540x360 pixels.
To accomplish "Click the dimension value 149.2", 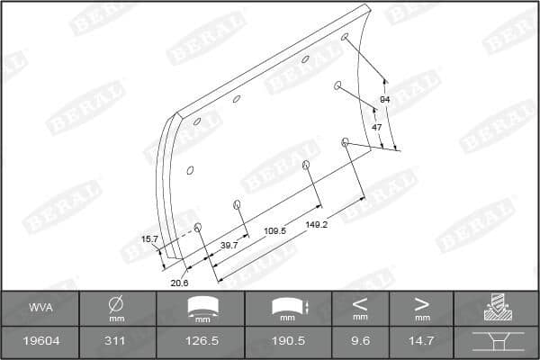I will point(315,224).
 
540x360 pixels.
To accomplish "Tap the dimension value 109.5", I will point(274,230).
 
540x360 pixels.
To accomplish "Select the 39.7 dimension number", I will point(229,244).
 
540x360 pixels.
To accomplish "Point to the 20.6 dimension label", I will point(179,283).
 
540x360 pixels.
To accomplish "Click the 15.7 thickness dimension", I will point(149,238).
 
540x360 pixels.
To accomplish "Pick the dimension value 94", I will point(384,98).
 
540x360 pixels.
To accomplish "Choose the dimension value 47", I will point(376,127).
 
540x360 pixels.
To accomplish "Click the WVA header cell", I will point(39,307).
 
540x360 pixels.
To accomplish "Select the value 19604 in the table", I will point(39,342).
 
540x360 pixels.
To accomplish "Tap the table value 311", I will point(116,342).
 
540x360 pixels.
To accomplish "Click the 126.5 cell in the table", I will point(208,342).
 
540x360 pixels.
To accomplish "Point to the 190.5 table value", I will point(289,342).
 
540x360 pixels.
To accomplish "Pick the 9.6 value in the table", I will point(360,342).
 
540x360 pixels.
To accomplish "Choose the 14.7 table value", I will point(422,342).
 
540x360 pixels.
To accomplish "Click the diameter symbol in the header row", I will point(116,303).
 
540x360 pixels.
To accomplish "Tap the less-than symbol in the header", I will point(360,302).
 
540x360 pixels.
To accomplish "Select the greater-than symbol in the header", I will point(422,302).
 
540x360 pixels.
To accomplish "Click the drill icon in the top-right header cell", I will point(497,308).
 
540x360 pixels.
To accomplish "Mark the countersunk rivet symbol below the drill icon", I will point(497,342).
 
